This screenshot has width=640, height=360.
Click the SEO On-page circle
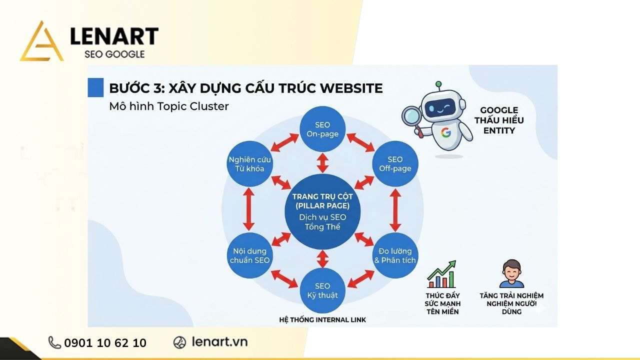tap(322, 129)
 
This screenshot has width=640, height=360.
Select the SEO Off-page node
tap(395, 164)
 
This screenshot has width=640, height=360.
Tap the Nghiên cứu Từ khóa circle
tap(249, 164)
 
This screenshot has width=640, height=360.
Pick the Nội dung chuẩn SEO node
tap(249, 255)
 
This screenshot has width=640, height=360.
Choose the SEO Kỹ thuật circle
tap(322, 290)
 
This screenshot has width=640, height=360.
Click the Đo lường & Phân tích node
tap(395, 255)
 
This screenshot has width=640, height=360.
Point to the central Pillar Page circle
tap(322, 211)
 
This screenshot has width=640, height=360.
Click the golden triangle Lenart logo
tap(41, 42)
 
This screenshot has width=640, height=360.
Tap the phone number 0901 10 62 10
tap(105, 343)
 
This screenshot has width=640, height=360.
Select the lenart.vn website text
tap(219, 342)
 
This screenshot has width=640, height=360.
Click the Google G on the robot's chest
tap(445, 132)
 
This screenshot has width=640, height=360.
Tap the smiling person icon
tap(511, 274)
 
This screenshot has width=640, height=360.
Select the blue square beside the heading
tap(95, 87)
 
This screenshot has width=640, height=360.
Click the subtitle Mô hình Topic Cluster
tap(168, 106)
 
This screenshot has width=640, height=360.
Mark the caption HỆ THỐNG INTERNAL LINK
tap(322, 319)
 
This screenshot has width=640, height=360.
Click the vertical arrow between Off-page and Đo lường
tap(395, 210)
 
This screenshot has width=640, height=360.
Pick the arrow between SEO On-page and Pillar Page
tap(322, 162)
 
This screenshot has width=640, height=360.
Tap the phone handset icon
tap(54, 342)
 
